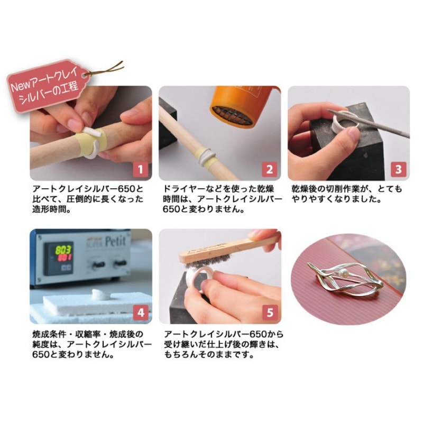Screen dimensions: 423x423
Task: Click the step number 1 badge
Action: click(x=140, y=170)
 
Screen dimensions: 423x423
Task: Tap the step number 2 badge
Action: click(x=269, y=170)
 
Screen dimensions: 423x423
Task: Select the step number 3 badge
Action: click(x=398, y=170)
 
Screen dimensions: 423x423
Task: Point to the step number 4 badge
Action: click(x=140, y=313)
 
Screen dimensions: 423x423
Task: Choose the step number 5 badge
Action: click(x=269, y=313)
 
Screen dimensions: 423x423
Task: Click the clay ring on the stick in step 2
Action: click(x=206, y=154)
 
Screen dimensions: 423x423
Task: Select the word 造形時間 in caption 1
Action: click(x=53, y=209)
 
